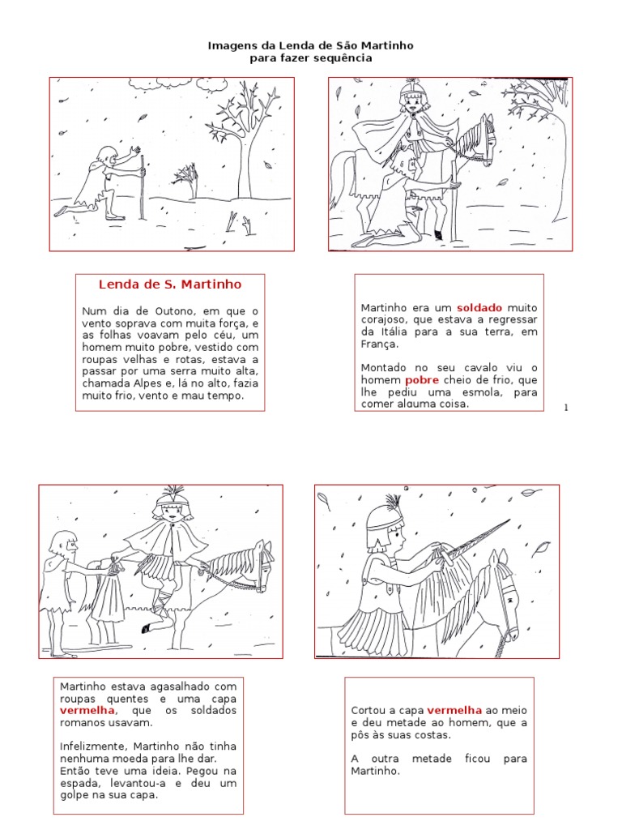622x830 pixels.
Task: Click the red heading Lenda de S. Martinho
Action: pos(170,285)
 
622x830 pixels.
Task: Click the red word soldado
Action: pos(479,307)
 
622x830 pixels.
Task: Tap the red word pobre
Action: pos(421,380)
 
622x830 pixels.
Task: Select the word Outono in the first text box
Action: pos(175,311)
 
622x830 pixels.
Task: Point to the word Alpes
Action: pos(147,383)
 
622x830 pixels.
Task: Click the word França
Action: pos(380,344)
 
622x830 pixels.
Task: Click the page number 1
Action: pos(566,407)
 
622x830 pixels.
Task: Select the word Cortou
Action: pos(369,710)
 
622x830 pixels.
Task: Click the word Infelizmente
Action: pos(93,747)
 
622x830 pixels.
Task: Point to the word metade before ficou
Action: pos(432,759)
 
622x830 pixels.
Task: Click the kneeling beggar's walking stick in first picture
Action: pos(142,187)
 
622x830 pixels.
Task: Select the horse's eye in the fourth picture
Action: pos(510,601)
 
